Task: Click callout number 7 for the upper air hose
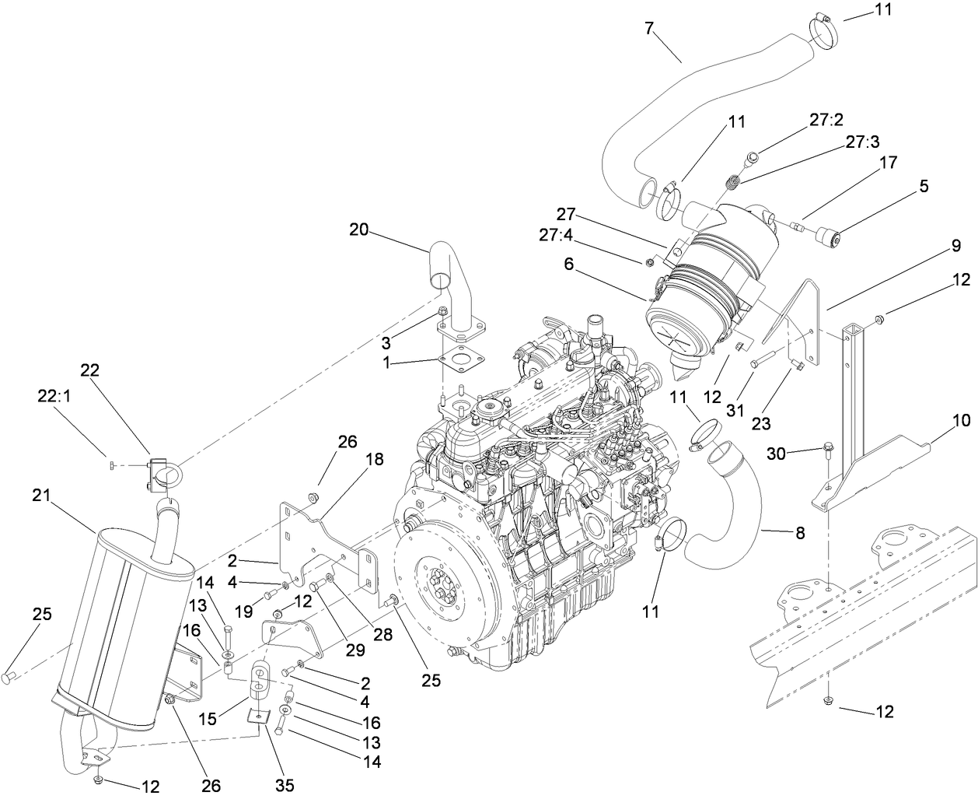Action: (x=649, y=30)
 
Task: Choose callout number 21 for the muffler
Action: (x=44, y=495)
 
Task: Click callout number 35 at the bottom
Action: (x=285, y=785)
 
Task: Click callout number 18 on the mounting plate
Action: (x=374, y=459)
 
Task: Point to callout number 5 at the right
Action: (x=923, y=186)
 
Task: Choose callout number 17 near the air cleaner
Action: (x=888, y=163)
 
